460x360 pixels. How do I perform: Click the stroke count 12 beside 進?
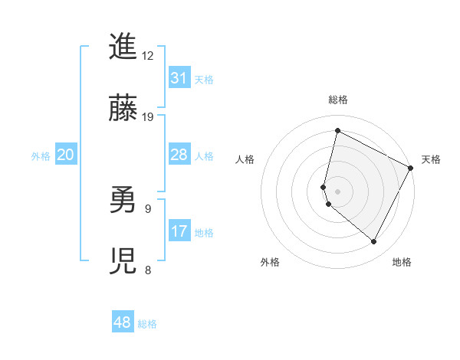coord(148,56)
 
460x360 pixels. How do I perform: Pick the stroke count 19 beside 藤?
coord(148,117)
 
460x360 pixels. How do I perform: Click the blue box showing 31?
coord(179,78)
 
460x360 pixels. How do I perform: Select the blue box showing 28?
coord(179,155)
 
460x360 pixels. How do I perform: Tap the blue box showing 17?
coord(179,231)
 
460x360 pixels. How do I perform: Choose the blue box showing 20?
coord(66,155)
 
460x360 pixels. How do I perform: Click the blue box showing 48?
coord(123,322)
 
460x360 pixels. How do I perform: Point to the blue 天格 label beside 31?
coord(204,80)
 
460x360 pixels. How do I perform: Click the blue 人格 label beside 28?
coord(204,156)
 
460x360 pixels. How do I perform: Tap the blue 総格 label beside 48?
coord(147,324)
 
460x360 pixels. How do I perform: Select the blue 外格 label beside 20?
coord(41,156)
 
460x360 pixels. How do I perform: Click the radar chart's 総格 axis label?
coord(337,100)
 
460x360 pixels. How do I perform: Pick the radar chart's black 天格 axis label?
coord(431,159)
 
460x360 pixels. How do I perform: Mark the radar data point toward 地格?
coord(374,242)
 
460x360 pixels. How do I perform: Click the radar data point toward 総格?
coord(337,130)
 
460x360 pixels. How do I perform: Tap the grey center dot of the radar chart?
coord(337,191)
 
